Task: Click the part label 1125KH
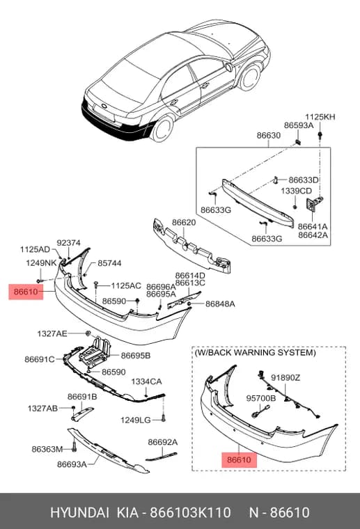[320, 117]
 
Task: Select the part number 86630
[269, 135]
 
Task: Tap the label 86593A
[299, 125]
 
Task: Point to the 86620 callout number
[184, 223]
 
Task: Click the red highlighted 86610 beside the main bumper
[26, 291]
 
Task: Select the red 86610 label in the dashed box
[240, 460]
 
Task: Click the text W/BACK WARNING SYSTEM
[255, 353]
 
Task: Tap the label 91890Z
[285, 378]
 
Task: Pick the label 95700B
[261, 398]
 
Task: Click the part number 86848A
[220, 304]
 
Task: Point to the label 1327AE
[52, 333]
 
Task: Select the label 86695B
[136, 356]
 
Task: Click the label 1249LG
[136, 420]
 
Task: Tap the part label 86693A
[72, 464]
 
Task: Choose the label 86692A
[163, 442]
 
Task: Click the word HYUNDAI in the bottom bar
[79, 512]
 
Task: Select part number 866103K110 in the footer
[190, 512]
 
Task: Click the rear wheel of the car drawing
[164, 129]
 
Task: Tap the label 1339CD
[296, 191]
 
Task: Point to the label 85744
[109, 263]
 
